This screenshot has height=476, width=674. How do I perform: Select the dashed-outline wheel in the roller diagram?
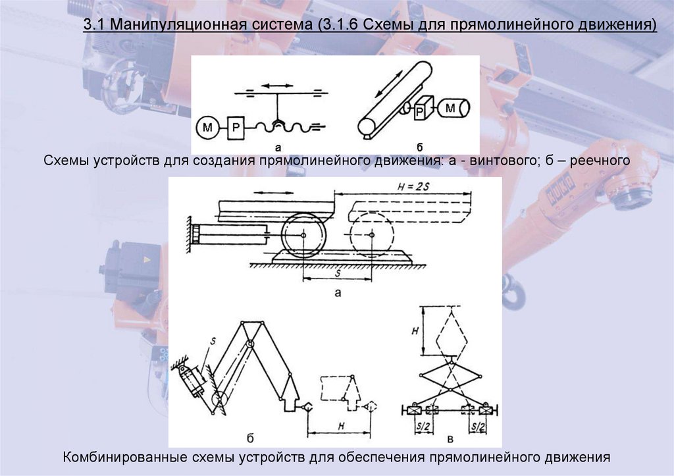(x=371, y=234)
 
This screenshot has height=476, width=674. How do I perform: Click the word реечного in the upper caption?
(x=600, y=161)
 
